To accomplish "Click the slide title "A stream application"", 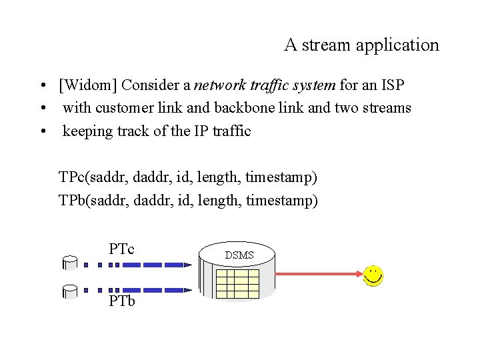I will point(361,45).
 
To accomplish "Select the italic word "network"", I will point(222,85).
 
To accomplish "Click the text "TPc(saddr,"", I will point(93,177).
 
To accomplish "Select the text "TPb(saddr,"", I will point(94,200).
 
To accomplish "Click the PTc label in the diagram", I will point(122,249).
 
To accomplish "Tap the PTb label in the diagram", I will point(123,301).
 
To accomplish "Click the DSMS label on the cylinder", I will point(239,255).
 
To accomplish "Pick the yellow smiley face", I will point(373,275).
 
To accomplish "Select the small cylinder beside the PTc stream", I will point(71,262).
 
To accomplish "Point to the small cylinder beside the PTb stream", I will point(71,291).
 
